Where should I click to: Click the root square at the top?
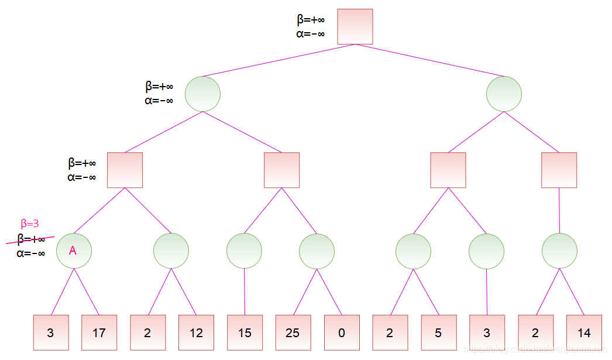point(355,26)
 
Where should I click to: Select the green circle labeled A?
point(74,251)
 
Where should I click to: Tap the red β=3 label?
point(30,223)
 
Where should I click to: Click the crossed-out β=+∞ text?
point(31,238)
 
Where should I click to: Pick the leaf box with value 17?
point(99,332)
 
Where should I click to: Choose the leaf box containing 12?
point(196,332)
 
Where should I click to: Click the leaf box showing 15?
point(245,332)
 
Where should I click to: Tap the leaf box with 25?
point(293,332)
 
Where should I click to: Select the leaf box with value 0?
point(342,332)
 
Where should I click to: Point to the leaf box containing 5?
point(438,332)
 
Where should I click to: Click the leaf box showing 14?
point(584,332)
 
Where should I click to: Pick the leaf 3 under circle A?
point(51,332)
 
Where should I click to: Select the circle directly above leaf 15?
point(244,251)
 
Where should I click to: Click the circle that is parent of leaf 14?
point(559,251)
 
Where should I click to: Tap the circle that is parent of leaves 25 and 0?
point(317,251)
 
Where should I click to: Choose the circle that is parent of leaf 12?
point(171,251)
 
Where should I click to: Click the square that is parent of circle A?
point(125,170)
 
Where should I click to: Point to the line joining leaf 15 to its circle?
point(245,292)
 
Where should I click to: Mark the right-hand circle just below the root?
point(504,94)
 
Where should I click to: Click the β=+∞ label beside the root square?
point(311,20)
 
